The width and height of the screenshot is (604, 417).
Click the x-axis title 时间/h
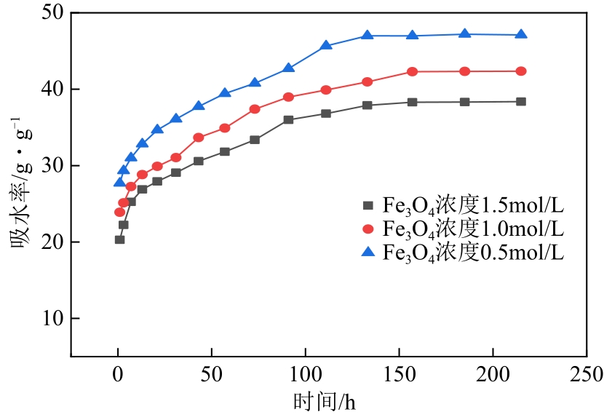325,401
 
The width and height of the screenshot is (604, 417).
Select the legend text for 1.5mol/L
473,205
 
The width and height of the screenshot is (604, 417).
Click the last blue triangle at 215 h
521,34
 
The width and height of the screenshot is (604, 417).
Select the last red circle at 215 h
521,71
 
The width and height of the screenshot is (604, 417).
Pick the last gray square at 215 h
521,102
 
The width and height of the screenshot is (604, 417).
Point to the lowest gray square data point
119,239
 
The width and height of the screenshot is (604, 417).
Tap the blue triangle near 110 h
326,45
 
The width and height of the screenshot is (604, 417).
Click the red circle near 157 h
413,71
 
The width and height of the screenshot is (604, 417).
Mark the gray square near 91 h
288,119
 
